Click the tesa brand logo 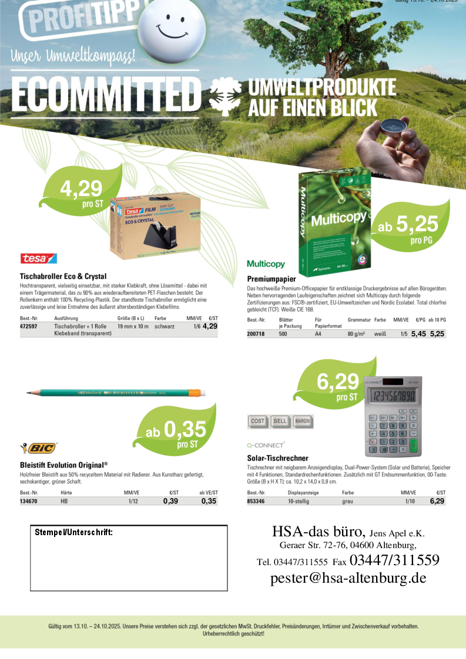click(x=38, y=258)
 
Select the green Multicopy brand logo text click(x=266, y=264)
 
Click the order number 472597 click(x=29, y=326)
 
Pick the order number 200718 click(x=256, y=333)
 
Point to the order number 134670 click(x=29, y=501)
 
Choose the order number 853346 click(x=256, y=501)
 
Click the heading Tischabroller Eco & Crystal click(x=63, y=276)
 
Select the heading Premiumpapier click(x=270, y=278)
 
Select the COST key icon click(x=257, y=421)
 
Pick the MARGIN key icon click(x=302, y=421)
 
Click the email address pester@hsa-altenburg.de click(x=348, y=578)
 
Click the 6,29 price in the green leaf click(x=337, y=382)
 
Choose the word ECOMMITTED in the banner click(x=106, y=93)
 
